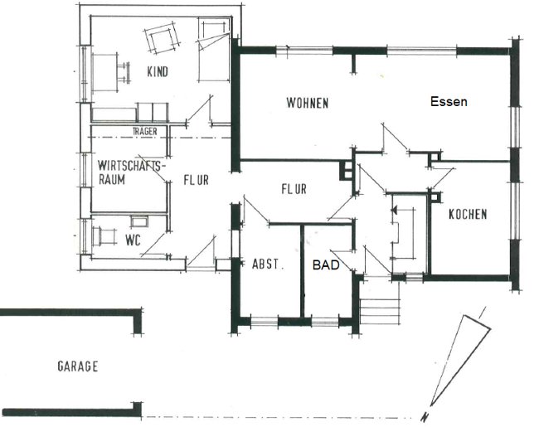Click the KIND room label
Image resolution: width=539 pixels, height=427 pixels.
158,71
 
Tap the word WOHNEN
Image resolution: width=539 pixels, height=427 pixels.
308,103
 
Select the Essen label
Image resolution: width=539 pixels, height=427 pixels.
449,101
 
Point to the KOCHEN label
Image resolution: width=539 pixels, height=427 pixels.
468,214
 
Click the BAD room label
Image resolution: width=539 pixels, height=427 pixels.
326,264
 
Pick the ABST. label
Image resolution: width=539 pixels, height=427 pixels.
268,264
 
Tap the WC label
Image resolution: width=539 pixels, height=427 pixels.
133,240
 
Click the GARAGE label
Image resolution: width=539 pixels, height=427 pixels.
78,366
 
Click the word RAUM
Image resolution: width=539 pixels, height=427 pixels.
112,179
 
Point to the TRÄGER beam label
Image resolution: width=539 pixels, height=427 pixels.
145,131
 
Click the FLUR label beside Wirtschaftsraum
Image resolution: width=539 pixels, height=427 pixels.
196,180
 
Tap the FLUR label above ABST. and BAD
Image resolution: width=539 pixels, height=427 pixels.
294,189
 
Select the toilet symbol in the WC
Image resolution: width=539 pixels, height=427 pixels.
104,235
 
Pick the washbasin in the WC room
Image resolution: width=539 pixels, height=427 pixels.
139,221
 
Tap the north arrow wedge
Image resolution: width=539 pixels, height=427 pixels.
460,359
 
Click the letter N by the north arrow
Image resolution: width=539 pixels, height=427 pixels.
425,416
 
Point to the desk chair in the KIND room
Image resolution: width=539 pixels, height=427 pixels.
124,72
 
